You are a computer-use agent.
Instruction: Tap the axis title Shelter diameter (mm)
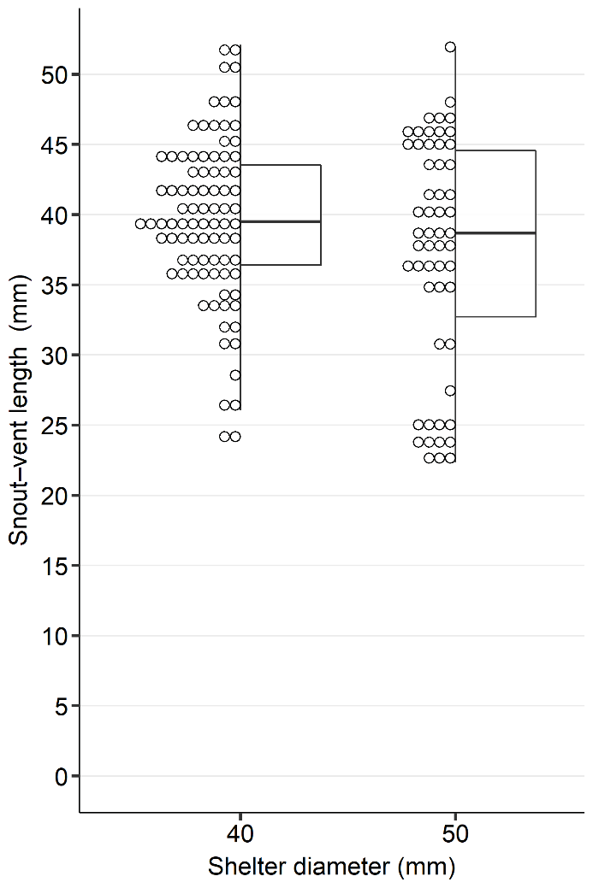(x=331, y=867)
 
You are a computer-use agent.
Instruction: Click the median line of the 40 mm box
(x=281, y=221)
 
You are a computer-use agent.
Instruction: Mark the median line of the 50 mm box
(x=495, y=232)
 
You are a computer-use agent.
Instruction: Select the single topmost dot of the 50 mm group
(x=450, y=47)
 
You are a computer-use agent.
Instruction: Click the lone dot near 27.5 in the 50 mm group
(x=450, y=391)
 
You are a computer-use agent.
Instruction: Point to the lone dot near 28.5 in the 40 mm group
(x=235, y=375)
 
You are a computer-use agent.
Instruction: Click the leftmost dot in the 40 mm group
(x=140, y=224)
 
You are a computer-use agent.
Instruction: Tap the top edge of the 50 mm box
(x=495, y=150)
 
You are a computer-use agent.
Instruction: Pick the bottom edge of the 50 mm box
(x=495, y=316)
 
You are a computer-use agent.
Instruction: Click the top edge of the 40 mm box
(x=281, y=165)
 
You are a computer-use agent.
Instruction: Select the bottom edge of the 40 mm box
(x=281, y=265)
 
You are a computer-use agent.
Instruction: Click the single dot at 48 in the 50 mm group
(x=450, y=103)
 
